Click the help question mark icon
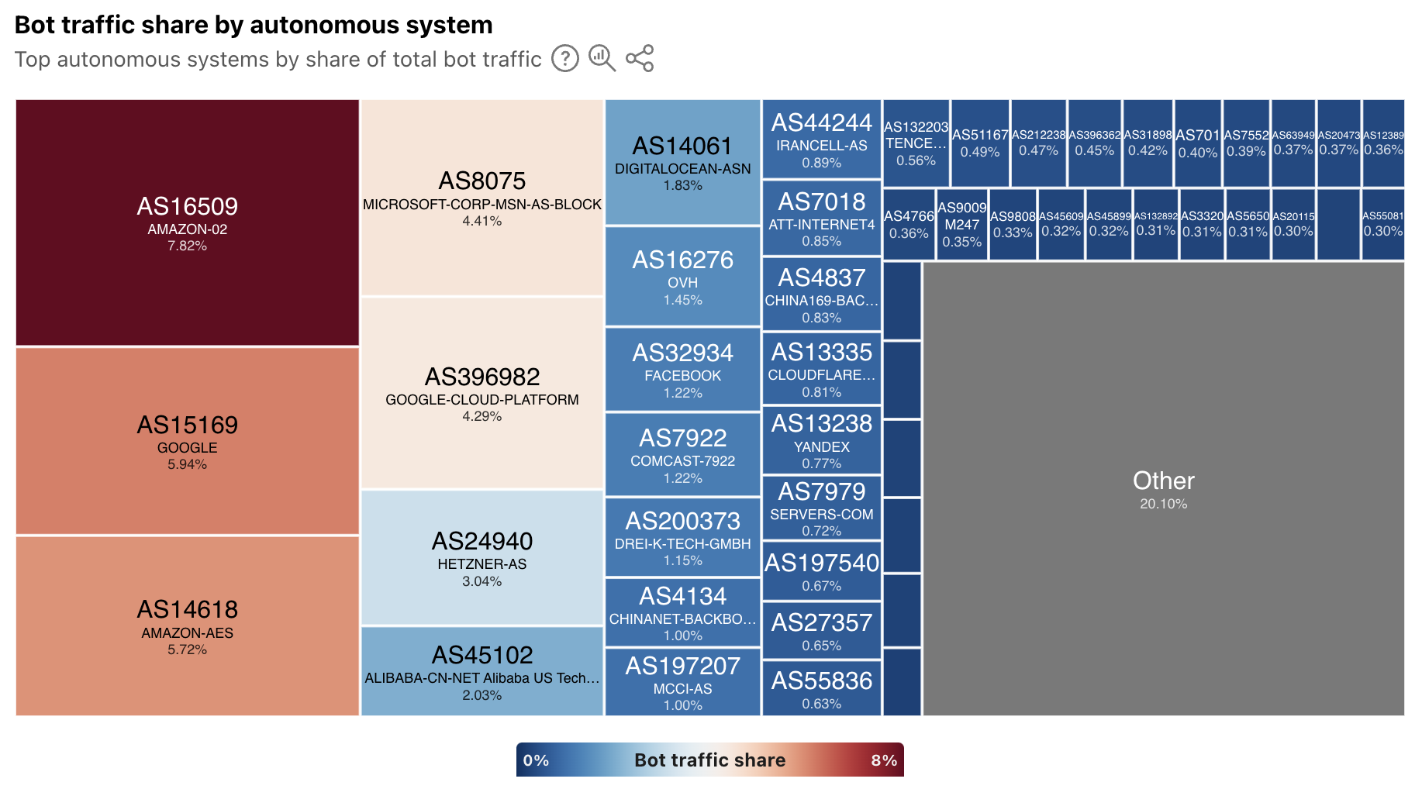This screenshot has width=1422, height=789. (x=564, y=58)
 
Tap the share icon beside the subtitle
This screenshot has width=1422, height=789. (x=640, y=58)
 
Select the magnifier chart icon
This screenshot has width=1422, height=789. (x=602, y=58)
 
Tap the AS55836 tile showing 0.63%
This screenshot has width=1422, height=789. (x=822, y=687)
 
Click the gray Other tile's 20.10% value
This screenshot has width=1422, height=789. (x=1163, y=504)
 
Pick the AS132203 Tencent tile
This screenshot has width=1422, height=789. (x=916, y=143)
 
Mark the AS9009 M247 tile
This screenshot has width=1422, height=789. (x=961, y=225)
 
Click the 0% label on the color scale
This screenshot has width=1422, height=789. (x=536, y=760)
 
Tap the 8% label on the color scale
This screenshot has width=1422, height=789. (x=884, y=760)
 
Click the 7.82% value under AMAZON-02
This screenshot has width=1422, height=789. (x=187, y=246)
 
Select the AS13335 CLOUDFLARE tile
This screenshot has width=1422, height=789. (x=822, y=368)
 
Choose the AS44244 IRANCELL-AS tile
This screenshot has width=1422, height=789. (x=822, y=140)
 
